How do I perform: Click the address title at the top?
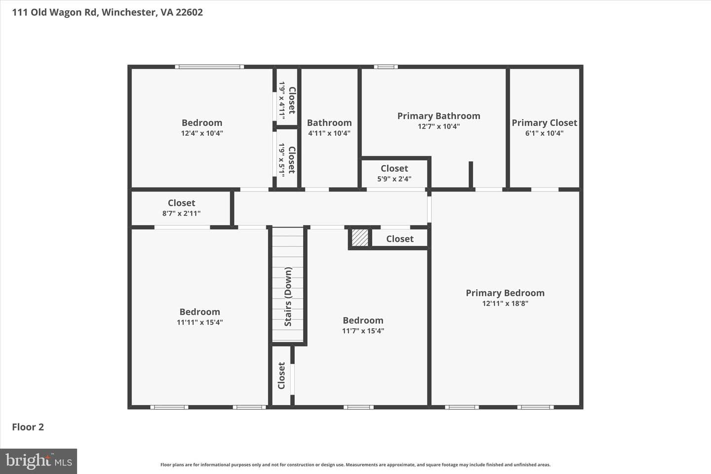click(107, 12)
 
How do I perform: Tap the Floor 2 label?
click(28, 427)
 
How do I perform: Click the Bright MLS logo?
click(39, 461)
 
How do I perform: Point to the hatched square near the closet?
click(360, 237)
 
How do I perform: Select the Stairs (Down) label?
click(288, 297)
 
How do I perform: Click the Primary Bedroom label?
click(505, 293)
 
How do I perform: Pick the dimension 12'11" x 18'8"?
click(505, 304)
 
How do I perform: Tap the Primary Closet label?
click(544, 123)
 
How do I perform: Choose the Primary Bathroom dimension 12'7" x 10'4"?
click(438, 126)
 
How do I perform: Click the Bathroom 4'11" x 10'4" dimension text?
click(329, 133)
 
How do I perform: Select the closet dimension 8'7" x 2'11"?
click(181, 213)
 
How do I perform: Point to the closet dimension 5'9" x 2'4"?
click(394, 179)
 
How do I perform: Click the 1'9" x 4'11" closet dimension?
click(281, 101)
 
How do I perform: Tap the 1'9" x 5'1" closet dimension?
click(281, 160)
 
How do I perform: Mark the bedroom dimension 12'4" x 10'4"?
click(202, 133)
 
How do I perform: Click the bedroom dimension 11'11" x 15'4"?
click(199, 322)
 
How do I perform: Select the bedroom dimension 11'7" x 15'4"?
click(363, 331)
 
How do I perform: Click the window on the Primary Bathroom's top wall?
click(386, 67)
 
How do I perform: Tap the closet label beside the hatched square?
click(399, 239)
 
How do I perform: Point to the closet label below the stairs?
click(281, 376)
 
